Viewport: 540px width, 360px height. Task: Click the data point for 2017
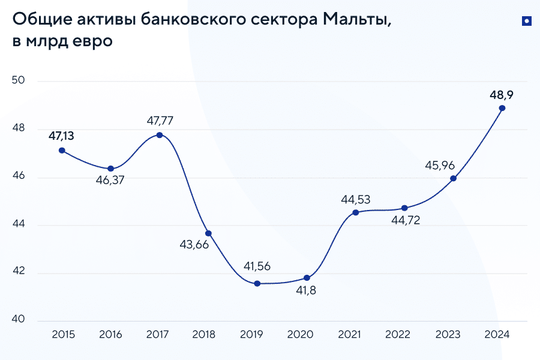pos(160,135)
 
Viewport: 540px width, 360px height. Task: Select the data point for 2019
pos(257,283)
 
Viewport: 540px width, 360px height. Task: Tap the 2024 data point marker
pos(502,108)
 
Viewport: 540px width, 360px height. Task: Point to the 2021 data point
pos(356,212)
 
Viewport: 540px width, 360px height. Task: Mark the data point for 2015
pos(62,151)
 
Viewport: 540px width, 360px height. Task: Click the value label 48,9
pos(502,94)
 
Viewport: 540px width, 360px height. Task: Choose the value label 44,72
pos(405,220)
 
